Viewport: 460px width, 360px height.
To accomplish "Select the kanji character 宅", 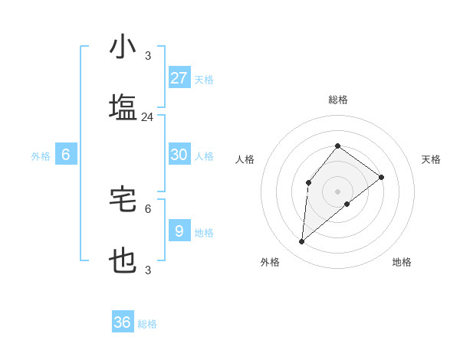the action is point(123,200).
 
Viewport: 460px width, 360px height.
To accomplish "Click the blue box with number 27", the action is point(179,78).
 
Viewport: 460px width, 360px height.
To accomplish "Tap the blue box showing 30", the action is point(179,155).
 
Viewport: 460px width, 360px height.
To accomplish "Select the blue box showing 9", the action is point(179,231).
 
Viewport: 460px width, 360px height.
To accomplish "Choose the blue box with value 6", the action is point(66,155).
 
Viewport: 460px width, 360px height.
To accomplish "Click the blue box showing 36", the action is point(123,322).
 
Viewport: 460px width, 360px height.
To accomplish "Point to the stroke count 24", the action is point(147,117).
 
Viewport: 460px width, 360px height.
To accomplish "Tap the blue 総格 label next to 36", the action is point(147,324).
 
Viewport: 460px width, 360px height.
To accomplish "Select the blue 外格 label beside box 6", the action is point(41,156).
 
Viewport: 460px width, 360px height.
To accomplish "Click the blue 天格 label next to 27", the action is point(204,80).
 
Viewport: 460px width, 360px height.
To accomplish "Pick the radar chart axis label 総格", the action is point(337,100).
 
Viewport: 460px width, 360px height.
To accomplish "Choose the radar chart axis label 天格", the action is point(432,159).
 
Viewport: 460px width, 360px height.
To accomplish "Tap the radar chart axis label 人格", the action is point(245,159).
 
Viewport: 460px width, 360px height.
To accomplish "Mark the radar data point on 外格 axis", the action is point(302,241).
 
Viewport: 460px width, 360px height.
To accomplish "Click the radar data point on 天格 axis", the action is point(381,178).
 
